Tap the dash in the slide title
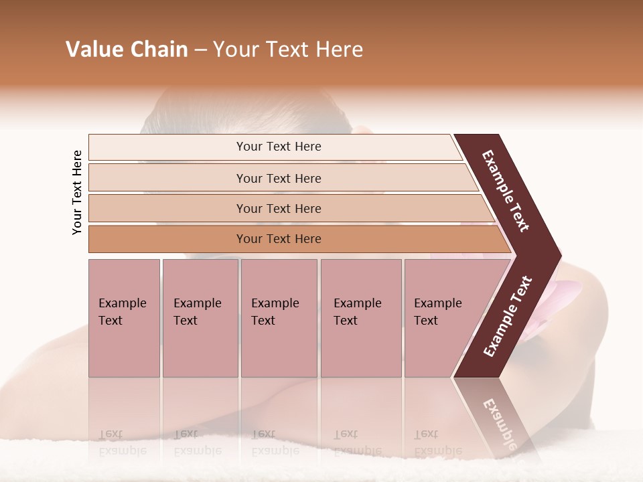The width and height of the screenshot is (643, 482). coord(200,50)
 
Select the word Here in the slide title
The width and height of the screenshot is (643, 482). coord(339,50)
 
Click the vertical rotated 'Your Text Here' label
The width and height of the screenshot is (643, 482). coord(77,192)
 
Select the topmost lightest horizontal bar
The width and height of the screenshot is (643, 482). coord(278,147)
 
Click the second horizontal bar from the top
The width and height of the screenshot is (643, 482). coord(278,178)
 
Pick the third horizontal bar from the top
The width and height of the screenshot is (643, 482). coord(278,208)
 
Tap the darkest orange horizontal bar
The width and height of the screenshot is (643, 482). coord(278,239)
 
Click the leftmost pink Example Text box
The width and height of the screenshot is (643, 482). coord(124,318)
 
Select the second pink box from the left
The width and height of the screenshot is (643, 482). coord(200,318)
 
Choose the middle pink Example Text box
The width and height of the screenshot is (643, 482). coord(279,318)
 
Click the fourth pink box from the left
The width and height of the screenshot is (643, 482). coord(360,318)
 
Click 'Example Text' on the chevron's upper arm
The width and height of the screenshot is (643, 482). coord(506,191)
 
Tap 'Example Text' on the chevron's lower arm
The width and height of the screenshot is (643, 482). coord(508,316)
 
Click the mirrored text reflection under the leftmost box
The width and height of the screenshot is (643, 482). coord(123,443)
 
